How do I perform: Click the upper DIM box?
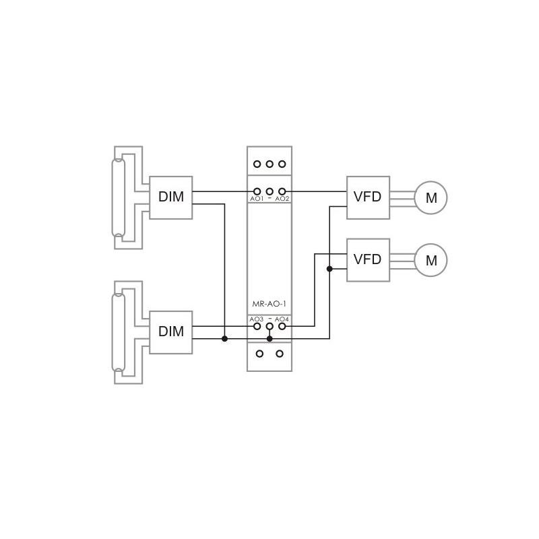[x=170, y=197]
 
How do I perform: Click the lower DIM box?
[x=170, y=332]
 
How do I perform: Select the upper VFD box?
[x=368, y=197]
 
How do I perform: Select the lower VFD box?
[x=368, y=259]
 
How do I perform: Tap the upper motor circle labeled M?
[x=431, y=198]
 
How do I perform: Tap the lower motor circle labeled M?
[x=431, y=260]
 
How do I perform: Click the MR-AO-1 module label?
[x=269, y=305]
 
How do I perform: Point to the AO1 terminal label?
[x=257, y=199]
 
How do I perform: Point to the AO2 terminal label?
[x=282, y=199]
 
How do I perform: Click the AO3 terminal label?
[x=257, y=319]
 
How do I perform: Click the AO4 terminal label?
[x=282, y=319]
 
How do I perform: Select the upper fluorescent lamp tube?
[x=119, y=197]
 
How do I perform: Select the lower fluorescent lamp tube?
[x=119, y=332]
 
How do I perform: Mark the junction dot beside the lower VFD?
[x=329, y=269]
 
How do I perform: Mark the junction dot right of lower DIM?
[x=224, y=338]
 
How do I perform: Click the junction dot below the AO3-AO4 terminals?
[x=269, y=338]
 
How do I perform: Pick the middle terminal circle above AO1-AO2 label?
[x=269, y=191]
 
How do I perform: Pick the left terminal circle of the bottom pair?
[x=259, y=353]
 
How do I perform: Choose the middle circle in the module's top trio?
[x=269, y=164]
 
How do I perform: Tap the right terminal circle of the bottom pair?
[x=280, y=353]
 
